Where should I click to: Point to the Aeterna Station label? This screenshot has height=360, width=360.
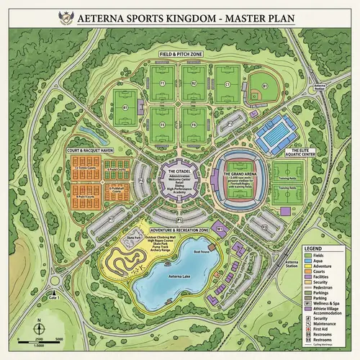pyautogui.click(x=312, y=264)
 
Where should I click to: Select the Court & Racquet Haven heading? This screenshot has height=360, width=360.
pyautogui.click(x=91, y=150)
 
